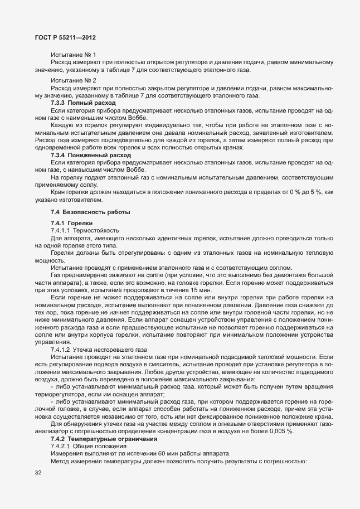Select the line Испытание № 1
tap(73, 55)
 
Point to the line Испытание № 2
tap(73, 80)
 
